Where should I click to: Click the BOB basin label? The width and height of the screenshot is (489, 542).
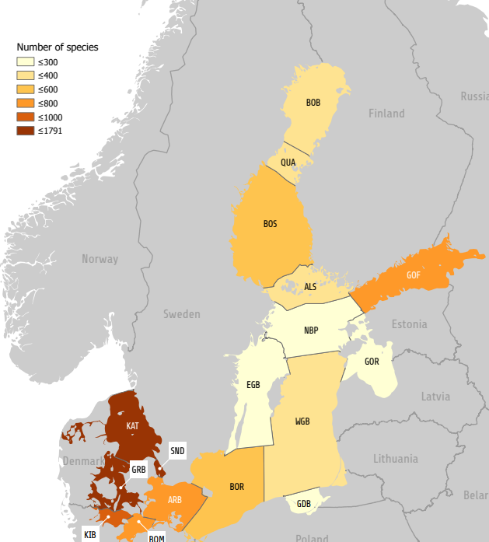(313, 103)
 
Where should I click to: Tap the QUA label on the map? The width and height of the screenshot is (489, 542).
(288, 163)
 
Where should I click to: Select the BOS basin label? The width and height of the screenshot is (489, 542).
(270, 224)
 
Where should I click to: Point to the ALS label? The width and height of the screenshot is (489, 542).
(310, 287)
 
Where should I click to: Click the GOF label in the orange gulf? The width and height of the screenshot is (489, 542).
(414, 274)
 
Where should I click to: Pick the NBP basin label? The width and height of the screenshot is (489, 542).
(311, 330)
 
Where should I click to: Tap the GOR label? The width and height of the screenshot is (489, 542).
(372, 362)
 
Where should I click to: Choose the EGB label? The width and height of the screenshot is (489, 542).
(253, 384)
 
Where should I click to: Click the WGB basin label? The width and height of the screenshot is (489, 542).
(302, 421)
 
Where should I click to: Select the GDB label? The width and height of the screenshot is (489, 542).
(304, 504)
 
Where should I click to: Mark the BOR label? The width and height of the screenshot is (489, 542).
(237, 487)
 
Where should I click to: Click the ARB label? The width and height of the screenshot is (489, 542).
(175, 499)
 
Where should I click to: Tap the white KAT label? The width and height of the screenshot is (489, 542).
(132, 426)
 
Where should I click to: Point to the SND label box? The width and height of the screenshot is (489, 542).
(177, 451)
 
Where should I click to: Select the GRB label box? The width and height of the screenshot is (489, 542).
(138, 470)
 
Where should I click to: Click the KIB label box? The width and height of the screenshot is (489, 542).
(90, 534)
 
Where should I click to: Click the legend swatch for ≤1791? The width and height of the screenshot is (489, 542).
(26, 131)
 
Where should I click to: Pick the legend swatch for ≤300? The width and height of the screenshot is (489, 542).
(26, 61)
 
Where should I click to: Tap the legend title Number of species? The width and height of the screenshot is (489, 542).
(58, 47)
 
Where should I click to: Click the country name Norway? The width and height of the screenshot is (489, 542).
(100, 259)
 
